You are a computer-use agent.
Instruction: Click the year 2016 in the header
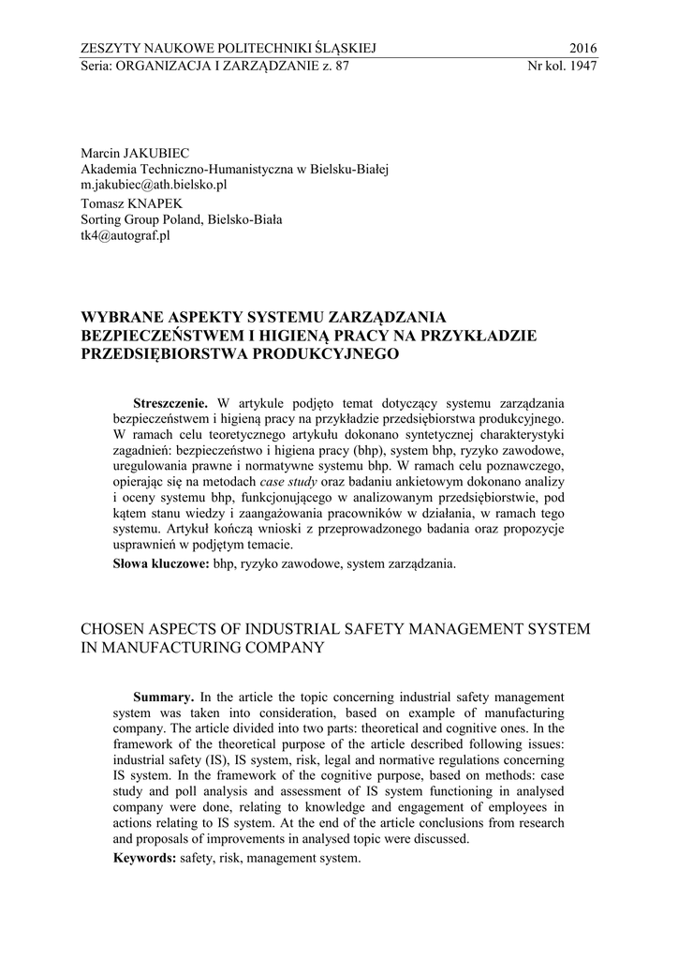click(x=582, y=48)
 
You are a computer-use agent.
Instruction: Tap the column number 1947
click(x=581, y=66)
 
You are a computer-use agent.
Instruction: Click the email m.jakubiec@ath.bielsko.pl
click(x=154, y=186)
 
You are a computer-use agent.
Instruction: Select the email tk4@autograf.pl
click(x=125, y=236)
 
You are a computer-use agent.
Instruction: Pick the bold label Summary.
click(x=164, y=697)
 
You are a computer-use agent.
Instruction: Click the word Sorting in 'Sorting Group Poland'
click(x=104, y=220)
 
